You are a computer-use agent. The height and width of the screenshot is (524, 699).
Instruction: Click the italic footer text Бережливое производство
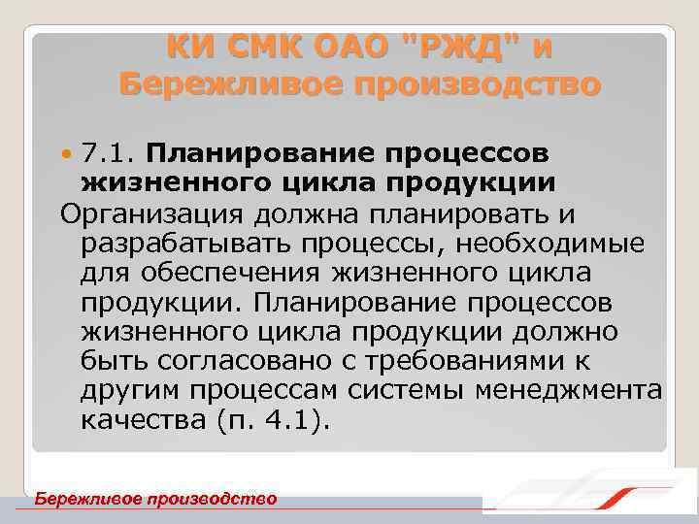pyautogui.click(x=155, y=499)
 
